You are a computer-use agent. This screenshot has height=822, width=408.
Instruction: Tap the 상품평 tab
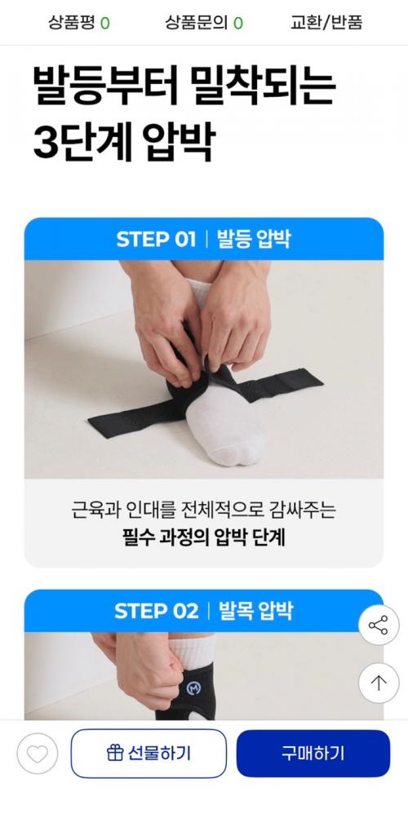(x=79, y=23)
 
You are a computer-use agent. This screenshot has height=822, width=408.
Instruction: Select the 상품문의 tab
(x=204, y=23)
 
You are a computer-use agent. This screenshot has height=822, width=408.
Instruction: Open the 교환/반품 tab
(x=326, y=23)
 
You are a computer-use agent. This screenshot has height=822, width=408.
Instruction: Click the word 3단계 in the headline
(x=82, y=143)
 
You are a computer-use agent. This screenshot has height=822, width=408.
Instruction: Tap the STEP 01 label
(x=156, y=239)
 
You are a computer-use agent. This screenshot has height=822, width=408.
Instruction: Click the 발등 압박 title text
(x=254, y=239)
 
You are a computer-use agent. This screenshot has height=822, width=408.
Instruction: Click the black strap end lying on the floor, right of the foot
(x=304, y=382)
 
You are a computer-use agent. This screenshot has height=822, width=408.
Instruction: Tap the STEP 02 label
(x=157, y=611)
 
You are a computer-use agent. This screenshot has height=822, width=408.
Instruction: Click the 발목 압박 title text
(x=256, y=611)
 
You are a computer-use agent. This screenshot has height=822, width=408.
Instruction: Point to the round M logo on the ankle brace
(x=193, y=688)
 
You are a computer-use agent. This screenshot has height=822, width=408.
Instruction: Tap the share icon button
(x=379, y=625)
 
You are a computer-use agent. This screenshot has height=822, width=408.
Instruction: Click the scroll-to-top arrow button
(x=379, y=683)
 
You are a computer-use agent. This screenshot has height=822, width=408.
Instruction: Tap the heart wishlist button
(x=38, y=753)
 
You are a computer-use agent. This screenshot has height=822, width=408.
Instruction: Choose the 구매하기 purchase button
(x=313, y=753)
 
